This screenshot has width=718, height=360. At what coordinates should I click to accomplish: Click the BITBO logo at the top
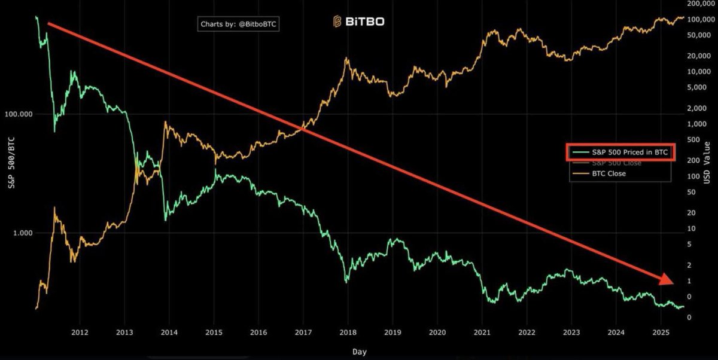[359, 22]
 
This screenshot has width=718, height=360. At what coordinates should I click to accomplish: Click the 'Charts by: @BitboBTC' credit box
[240, 24]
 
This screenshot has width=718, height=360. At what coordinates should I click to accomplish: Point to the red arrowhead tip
[673, 282]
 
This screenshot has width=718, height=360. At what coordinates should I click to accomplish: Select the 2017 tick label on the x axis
[303, 332]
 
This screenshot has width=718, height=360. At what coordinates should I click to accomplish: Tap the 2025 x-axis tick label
[661, 332]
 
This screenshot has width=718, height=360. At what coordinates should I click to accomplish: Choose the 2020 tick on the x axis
[437, 332]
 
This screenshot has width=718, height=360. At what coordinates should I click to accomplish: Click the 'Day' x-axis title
[359, 352]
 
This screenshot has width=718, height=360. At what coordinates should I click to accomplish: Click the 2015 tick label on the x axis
[214, 332]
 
